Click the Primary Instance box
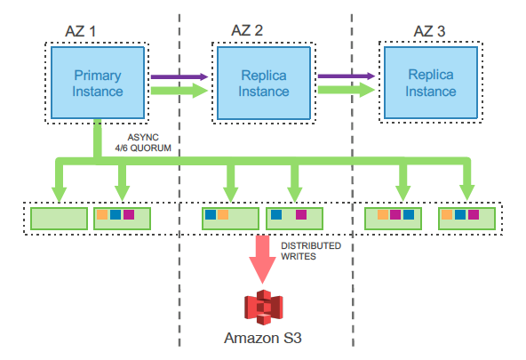(98, 83)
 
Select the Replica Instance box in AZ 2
(264, 83)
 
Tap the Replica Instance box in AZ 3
(431, 83)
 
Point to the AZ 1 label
(81, 31)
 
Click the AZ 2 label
(247, 30)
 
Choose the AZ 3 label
(429, 31)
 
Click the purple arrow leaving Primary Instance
(179, 76)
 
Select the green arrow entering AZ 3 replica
(347, 90)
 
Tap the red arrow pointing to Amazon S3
(263, 260)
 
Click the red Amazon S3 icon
(263, 307)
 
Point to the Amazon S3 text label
(263, 338)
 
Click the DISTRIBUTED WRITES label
(311, 251)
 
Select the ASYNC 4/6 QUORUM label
(143, 142)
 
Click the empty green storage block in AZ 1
(59, 219)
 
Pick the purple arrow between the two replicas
(347, 76)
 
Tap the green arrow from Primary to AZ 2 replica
(179, 91)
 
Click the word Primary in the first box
(98, 76)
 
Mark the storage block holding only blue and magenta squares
(294, 219)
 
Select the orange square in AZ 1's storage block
(102, 215)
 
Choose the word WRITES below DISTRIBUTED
(299, 256)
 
